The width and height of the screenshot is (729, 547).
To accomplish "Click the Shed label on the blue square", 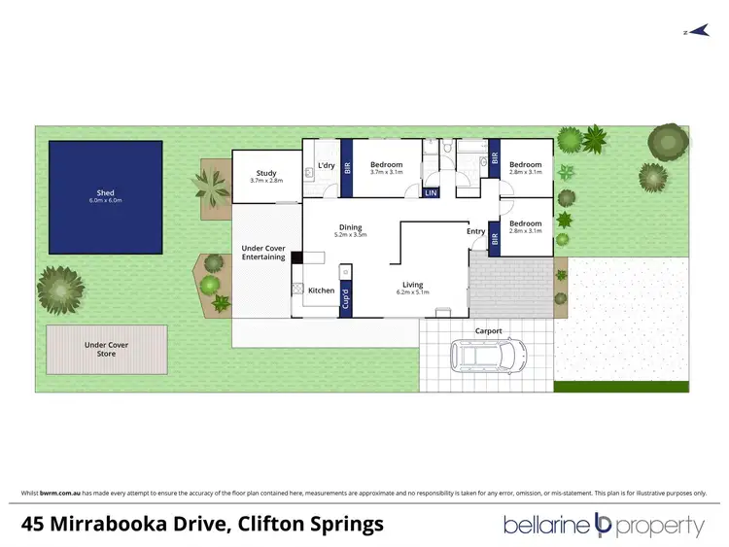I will click(x=105, y=192).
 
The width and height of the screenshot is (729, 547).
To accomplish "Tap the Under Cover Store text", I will click(x=106, y=349).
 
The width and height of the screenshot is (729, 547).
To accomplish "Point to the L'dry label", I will click(x=327, y=165).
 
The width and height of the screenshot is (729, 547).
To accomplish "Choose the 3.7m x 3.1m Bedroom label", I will click(x=386, y=169).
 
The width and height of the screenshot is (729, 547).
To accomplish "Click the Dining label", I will click(x=350, y=228).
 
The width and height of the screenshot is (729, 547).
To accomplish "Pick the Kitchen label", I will click(x=321, y=291).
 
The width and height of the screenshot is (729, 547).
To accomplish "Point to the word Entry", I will click(x=475, y=231).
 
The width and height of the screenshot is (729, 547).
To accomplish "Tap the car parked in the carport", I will click(x=488, y=356).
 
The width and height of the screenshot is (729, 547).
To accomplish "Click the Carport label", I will click(x=488, y=331).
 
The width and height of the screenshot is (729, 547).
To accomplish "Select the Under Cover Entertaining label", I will click(x=263, y=253).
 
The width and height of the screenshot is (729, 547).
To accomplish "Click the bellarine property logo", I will click(x=604, y=526).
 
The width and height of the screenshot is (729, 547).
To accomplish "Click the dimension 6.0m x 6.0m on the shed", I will click(x=105, y=201).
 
